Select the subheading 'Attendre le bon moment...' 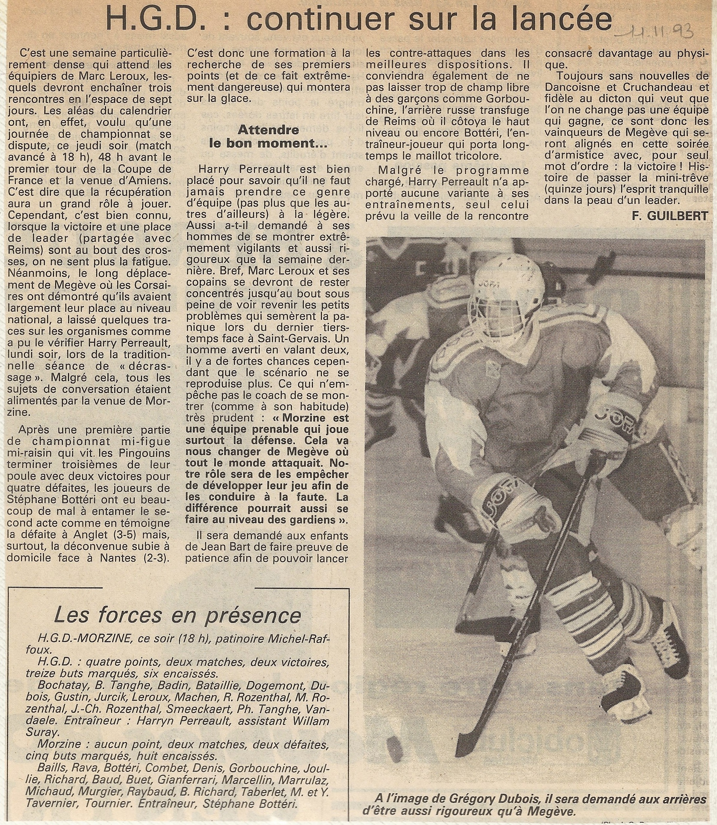[268, 136]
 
